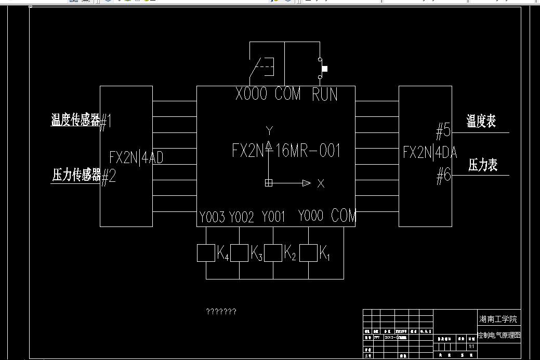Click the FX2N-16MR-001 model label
286,151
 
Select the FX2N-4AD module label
136,157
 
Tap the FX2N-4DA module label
430,152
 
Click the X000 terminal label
251,94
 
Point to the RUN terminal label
325,95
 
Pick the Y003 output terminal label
212,217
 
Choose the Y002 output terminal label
242,217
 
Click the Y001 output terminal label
273,217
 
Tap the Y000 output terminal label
310,216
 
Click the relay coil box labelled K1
308,253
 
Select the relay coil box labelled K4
206,253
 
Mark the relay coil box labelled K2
273,253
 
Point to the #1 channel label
106,122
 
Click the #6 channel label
443,177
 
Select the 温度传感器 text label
75,121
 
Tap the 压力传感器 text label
76,175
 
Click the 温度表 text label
481,121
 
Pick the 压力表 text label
483,165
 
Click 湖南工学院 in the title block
498,318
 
